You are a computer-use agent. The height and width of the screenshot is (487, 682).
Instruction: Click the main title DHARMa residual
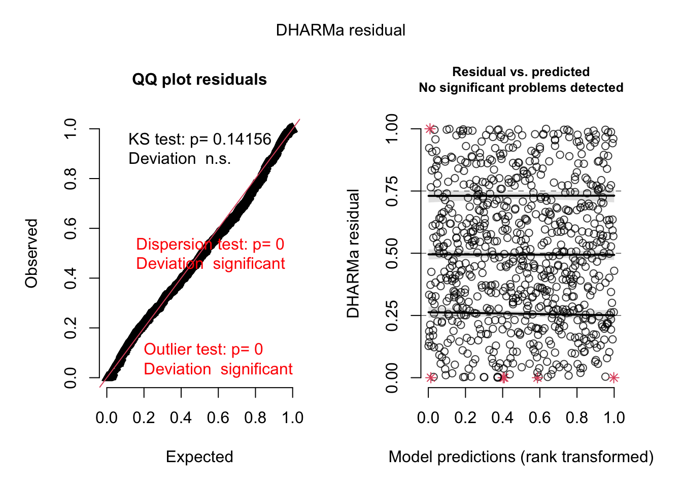point(340,30)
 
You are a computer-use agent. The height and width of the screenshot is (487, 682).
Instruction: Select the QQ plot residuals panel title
point(199,80)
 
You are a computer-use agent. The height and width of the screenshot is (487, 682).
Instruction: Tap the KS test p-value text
point(199,140)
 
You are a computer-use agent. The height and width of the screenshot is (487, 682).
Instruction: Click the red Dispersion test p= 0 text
point(210,245)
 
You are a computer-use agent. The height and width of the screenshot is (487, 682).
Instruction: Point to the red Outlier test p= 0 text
point(203,350)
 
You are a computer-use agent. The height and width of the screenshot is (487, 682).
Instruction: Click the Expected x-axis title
point(199,457)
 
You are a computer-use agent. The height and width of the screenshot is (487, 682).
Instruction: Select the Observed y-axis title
point(31,253)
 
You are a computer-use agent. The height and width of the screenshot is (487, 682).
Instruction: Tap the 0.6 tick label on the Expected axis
point(218,418)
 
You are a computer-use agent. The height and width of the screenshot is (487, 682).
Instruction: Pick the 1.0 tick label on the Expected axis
point(293,418)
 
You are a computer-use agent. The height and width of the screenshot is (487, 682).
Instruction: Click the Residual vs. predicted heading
point(521,72)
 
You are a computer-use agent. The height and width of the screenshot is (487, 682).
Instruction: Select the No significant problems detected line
point(521,88)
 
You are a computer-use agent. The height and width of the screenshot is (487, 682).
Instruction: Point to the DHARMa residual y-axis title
point(353,253)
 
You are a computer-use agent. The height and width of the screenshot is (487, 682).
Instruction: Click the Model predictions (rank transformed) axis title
point(521,457)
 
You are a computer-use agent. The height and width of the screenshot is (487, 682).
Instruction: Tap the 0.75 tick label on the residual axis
point(392,191)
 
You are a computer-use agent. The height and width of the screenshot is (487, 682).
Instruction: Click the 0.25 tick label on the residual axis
point(392,316)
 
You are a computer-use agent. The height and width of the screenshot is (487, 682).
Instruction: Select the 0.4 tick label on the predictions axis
point(502,418)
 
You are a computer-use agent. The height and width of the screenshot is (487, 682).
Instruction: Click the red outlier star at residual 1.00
point(430,129)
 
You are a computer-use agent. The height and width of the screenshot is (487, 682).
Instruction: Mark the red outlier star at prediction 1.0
point(614,377)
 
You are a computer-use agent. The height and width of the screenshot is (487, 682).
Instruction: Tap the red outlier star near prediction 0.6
point(537,377)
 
